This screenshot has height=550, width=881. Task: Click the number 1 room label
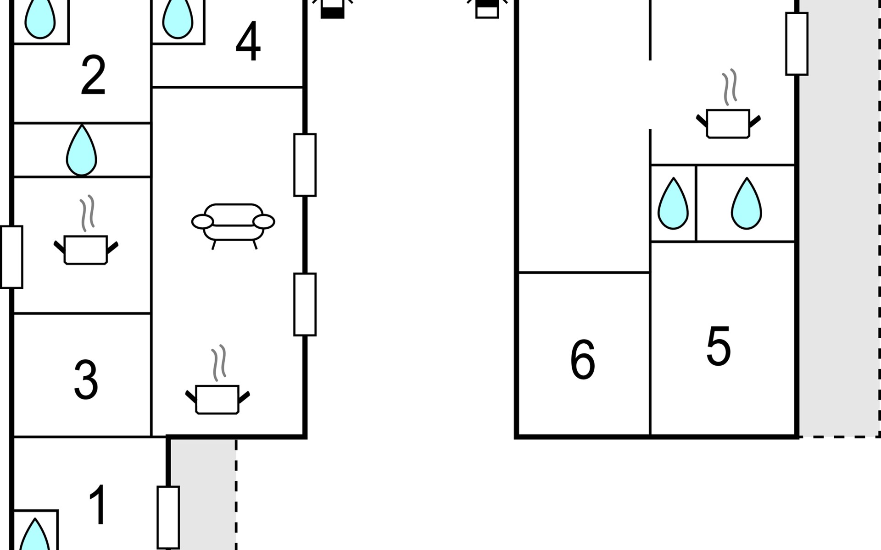98,505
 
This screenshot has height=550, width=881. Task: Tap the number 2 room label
93,75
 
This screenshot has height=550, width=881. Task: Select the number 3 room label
86,379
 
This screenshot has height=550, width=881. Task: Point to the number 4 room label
248,42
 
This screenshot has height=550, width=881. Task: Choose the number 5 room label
719,346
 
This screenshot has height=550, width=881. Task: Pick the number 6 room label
583,360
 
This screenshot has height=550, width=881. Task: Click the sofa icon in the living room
233,223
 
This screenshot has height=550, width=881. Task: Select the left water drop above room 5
673,203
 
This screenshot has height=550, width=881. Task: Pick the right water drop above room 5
747,203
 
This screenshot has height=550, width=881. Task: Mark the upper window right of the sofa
305,165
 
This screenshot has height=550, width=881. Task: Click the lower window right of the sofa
305,304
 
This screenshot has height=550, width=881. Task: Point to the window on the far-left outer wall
11,257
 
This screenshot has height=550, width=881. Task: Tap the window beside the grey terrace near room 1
168,517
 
